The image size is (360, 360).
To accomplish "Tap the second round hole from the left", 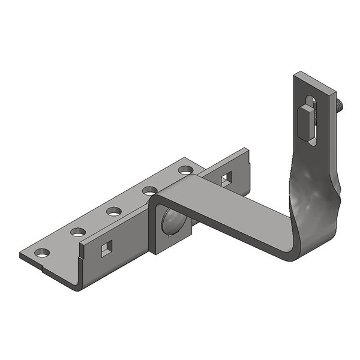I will pos(77,232).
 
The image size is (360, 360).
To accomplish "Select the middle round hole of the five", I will pos(113,211).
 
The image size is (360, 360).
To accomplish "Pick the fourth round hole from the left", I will pos(149,191).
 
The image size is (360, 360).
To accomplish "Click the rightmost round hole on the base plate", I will pos(185,170).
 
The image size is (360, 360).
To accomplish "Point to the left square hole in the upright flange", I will pos(106,248).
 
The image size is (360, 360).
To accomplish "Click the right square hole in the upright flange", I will pos(226,178).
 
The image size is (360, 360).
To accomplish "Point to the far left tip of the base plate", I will pos(22,255).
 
